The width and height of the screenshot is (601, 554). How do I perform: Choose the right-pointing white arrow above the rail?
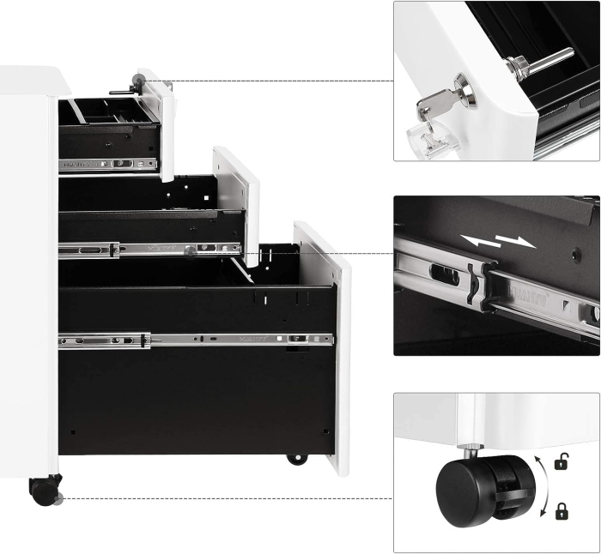tap(518, 242)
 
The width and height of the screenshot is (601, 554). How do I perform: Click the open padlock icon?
tap(561, 462)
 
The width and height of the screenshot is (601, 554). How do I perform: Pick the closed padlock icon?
tap(561, 512)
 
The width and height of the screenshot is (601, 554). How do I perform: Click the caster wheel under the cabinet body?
tap(44, 491)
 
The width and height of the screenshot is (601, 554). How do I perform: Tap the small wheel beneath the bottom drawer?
tap(296, 460)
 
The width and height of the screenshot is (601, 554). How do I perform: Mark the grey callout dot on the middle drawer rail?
tap(188, 251)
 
